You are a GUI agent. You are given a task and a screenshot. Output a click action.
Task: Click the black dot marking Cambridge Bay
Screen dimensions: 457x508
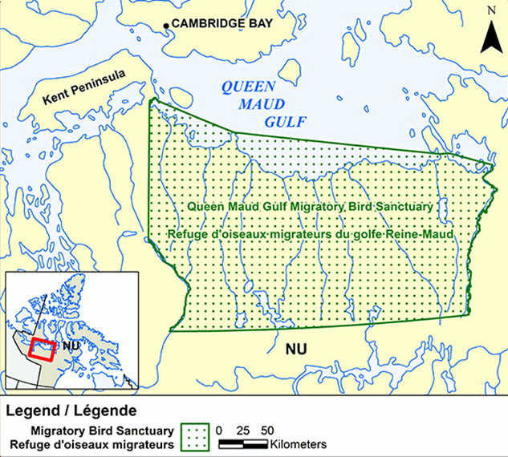pyautogui.click(x=167, y=26)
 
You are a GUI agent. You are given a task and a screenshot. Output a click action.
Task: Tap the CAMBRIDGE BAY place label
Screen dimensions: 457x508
pyautogui.click(x=222, y=24)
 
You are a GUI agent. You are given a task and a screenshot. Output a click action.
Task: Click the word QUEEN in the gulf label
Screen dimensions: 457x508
pyautogui.click(x=248, y=87)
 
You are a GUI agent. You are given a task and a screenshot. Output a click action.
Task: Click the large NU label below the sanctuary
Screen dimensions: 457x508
pyautogui.click(x=298, y=350)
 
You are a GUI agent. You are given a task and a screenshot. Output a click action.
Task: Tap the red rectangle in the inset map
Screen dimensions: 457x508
pyautogui.click(x=41, y=350)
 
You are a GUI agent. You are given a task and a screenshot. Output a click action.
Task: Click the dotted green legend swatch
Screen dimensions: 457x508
pyautogui.click(x=194, y=436)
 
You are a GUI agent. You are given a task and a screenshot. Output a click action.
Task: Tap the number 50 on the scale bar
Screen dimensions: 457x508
pyautogui.click(x=266, y=430)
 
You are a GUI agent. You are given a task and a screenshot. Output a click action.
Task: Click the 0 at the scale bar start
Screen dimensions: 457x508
pyautogui.click(x=219, y=430)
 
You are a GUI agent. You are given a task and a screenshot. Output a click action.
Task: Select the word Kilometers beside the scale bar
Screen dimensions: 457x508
pyautogui.click(x=299, y=443)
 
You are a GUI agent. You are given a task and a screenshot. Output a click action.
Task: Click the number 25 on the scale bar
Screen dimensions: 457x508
pyautogui.click(x=242, y=430)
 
